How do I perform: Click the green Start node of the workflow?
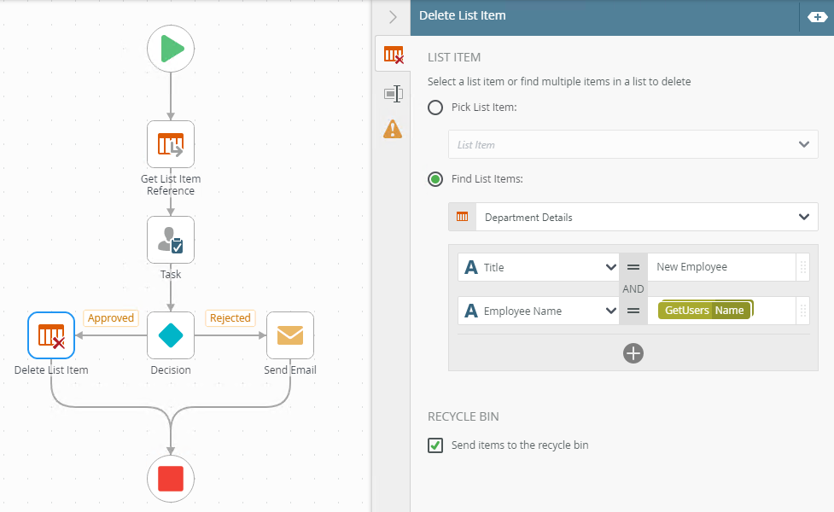coord(171,49)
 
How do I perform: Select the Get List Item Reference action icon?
coord(171,144)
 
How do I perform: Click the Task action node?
coord(171,240)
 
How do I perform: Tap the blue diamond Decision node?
coord(171,335)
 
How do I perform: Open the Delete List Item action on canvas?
coord(51,335)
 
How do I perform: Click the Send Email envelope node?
coord(290,335)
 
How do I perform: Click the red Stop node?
coord(171,479)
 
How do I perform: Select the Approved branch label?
coord(111,318)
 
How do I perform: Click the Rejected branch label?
coord(230,318)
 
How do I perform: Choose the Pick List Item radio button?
coord(435,108)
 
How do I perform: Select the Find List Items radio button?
coord(435,179)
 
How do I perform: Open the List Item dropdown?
coord(633,144)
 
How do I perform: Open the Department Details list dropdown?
coord(633,217)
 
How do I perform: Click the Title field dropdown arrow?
coord(611,267)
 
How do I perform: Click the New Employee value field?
coord(721,267)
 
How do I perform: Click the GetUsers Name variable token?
coord(704,311)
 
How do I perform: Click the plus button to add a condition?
coord(633,353)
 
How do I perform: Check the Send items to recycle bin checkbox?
coord(435,445)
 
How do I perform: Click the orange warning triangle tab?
coord(393,129)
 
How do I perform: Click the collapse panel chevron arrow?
coord(393,17)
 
